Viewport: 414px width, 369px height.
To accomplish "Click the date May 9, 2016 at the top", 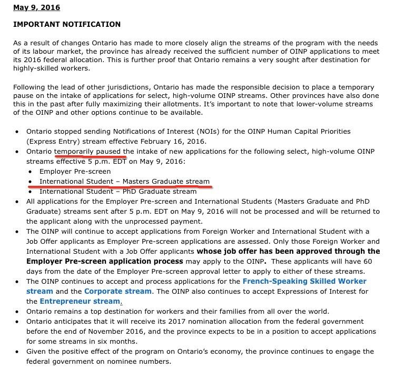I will (x=36, y=8).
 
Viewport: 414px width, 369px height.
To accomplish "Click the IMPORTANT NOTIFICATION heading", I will (x=67, y=24).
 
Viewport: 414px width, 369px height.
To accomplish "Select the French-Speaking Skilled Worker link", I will (x=304, y=282).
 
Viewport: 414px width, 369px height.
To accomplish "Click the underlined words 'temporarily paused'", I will (x=90, y=152).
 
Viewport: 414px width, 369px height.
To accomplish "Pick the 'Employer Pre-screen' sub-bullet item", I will (x=75, y=172).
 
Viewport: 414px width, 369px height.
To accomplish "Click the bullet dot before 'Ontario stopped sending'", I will (x=18, y=132).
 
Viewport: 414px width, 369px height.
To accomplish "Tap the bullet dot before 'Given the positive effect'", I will (x=18, y=352).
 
